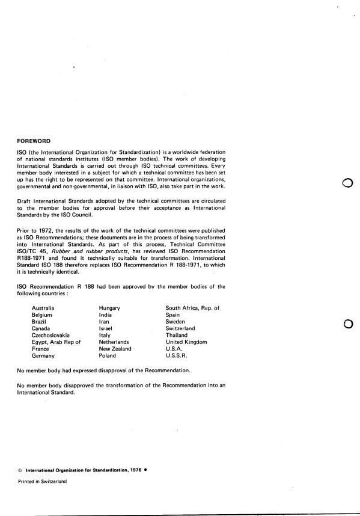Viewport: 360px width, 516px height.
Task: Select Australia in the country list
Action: [44, 308]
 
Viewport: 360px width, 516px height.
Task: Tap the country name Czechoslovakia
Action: [50, 335]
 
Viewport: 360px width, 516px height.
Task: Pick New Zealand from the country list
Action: [115, 349]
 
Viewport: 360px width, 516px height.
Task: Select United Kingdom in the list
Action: [186, 342]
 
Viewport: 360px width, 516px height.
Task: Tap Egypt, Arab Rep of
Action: [56, 342]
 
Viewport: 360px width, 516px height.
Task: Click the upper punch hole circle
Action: [346, 184]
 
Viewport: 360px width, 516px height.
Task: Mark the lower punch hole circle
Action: [346, 325]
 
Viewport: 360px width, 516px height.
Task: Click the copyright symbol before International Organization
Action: [20, 470]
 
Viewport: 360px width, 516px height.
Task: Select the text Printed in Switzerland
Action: [42, 482]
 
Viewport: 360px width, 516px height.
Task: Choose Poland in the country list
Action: [109, 355]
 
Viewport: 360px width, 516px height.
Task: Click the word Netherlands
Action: [115, 342]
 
